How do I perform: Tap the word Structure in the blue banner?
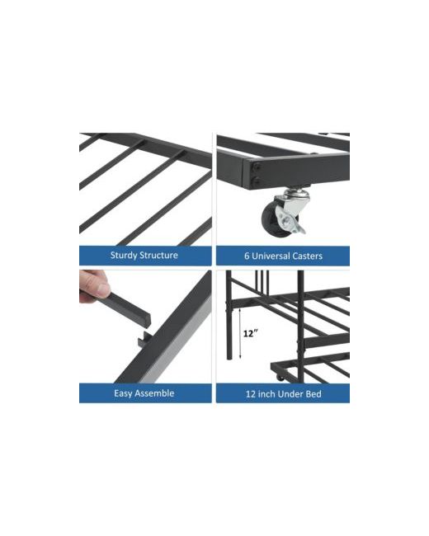(x=158, y=255)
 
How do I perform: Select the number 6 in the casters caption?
(x=247, y=256)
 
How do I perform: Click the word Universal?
(x=271, y=256)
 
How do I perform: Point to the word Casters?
(x=307, y=256)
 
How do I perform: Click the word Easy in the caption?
(x=123, y=393)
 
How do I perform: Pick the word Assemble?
(x=155, y=393)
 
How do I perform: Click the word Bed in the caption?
(x=313, y=394)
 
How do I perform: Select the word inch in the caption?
(x=266, y=394)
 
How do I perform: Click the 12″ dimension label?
(x=250, y=333)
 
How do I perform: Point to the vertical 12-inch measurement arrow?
(x=240, y=333)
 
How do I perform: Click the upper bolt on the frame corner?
(x=257, y=167)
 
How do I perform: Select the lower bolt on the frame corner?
(x=257, y=181)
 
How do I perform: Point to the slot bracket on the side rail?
(x=144, y=340)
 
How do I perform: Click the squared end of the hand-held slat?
(x=146, y=319)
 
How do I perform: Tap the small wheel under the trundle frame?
(x=280, y=378)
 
